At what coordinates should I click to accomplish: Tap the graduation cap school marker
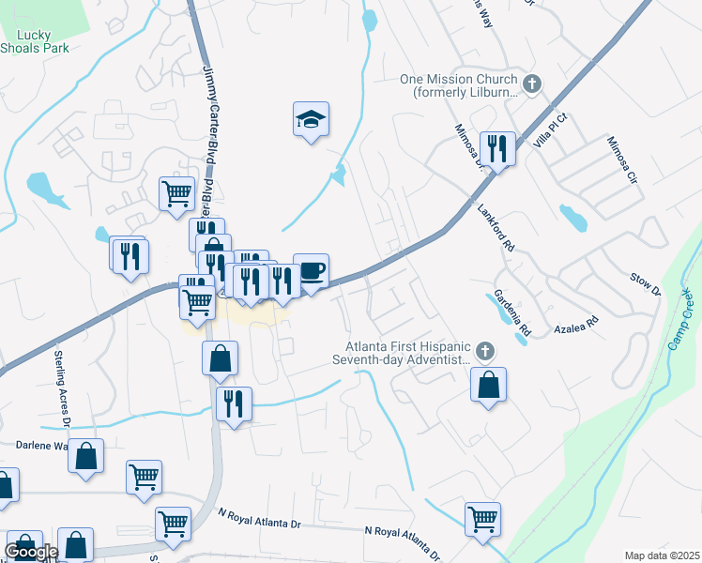[x=311, y=120]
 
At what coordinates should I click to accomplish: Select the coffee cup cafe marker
[x=311, y=272]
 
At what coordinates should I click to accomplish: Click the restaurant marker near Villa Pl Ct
[x=496, y=148]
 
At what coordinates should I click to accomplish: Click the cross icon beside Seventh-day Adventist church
[x=484, y=352]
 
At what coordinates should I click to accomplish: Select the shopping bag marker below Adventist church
[x=488, y=385]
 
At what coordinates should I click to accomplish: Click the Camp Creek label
[x=682, y=324]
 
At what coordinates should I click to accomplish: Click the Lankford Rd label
[x=496, y=231]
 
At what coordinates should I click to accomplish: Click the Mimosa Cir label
[x=621, y=160]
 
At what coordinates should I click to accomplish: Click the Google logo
[x=31, y=552]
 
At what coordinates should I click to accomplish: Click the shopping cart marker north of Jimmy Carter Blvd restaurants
[x=175, y=194]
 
